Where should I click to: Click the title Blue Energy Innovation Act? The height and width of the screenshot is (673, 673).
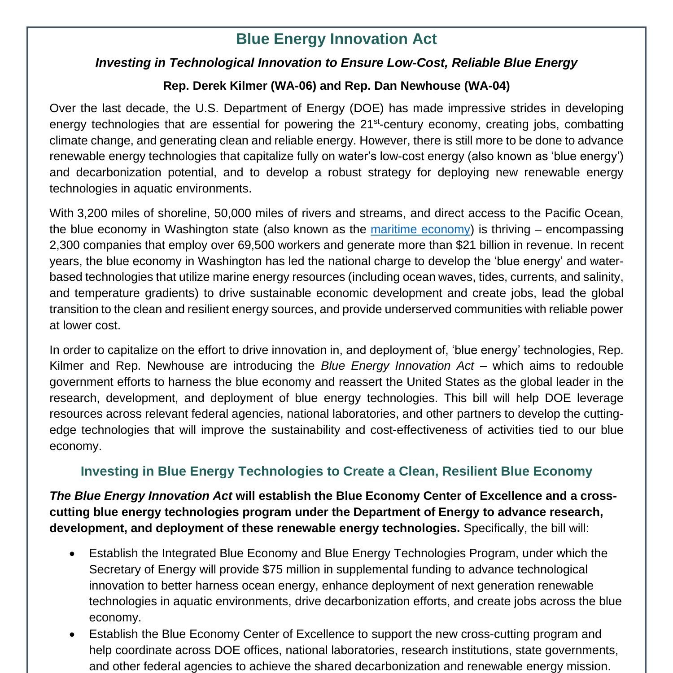tap(336, 39)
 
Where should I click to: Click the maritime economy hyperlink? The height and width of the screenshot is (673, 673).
tap(420, 229)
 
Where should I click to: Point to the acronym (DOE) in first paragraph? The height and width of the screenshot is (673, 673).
tap(372, 109)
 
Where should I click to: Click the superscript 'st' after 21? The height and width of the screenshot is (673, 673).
tap(376, 122)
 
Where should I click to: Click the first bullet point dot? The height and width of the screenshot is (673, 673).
tap(72, 554)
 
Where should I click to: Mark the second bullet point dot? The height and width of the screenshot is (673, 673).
tap(72, 634)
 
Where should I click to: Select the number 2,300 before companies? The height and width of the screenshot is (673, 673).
tap(65, 245)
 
